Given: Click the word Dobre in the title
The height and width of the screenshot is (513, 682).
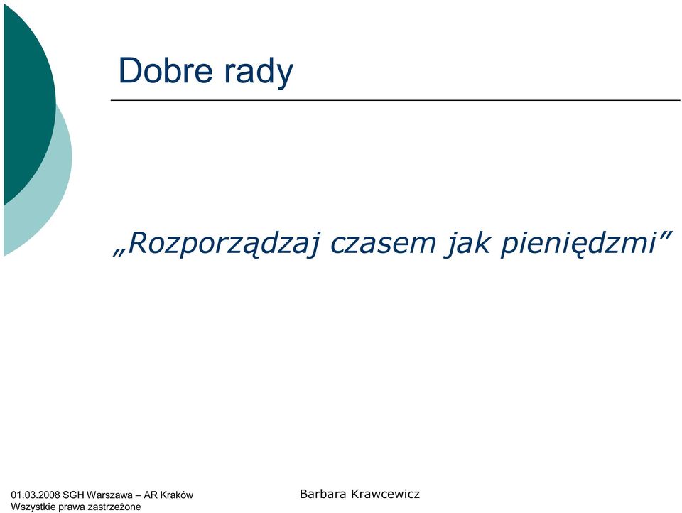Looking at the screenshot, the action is [x=166, y=70].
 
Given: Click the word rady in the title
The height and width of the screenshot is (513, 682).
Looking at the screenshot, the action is [x=259, y=72].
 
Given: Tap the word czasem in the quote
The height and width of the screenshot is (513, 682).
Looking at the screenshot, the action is [x=383, y=243].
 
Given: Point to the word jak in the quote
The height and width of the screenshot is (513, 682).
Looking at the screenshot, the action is [x=467, y=244].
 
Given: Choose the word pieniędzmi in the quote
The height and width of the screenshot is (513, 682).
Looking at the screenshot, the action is [x=578, y=244].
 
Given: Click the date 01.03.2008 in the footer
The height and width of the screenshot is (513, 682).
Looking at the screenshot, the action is [x=36, y=495].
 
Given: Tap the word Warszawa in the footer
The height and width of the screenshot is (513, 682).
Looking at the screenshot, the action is [x=109, y=495].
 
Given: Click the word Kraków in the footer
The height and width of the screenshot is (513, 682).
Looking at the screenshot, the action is [x=177, y=495].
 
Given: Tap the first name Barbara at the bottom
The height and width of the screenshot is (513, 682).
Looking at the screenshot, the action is [x=323, y=494].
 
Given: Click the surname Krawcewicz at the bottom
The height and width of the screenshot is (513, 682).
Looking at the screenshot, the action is [x=385, y=494].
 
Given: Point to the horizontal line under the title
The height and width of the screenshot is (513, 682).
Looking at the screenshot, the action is [x=396, y=100].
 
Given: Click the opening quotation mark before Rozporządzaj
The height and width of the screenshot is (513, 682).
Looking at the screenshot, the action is [x=119, y=253].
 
